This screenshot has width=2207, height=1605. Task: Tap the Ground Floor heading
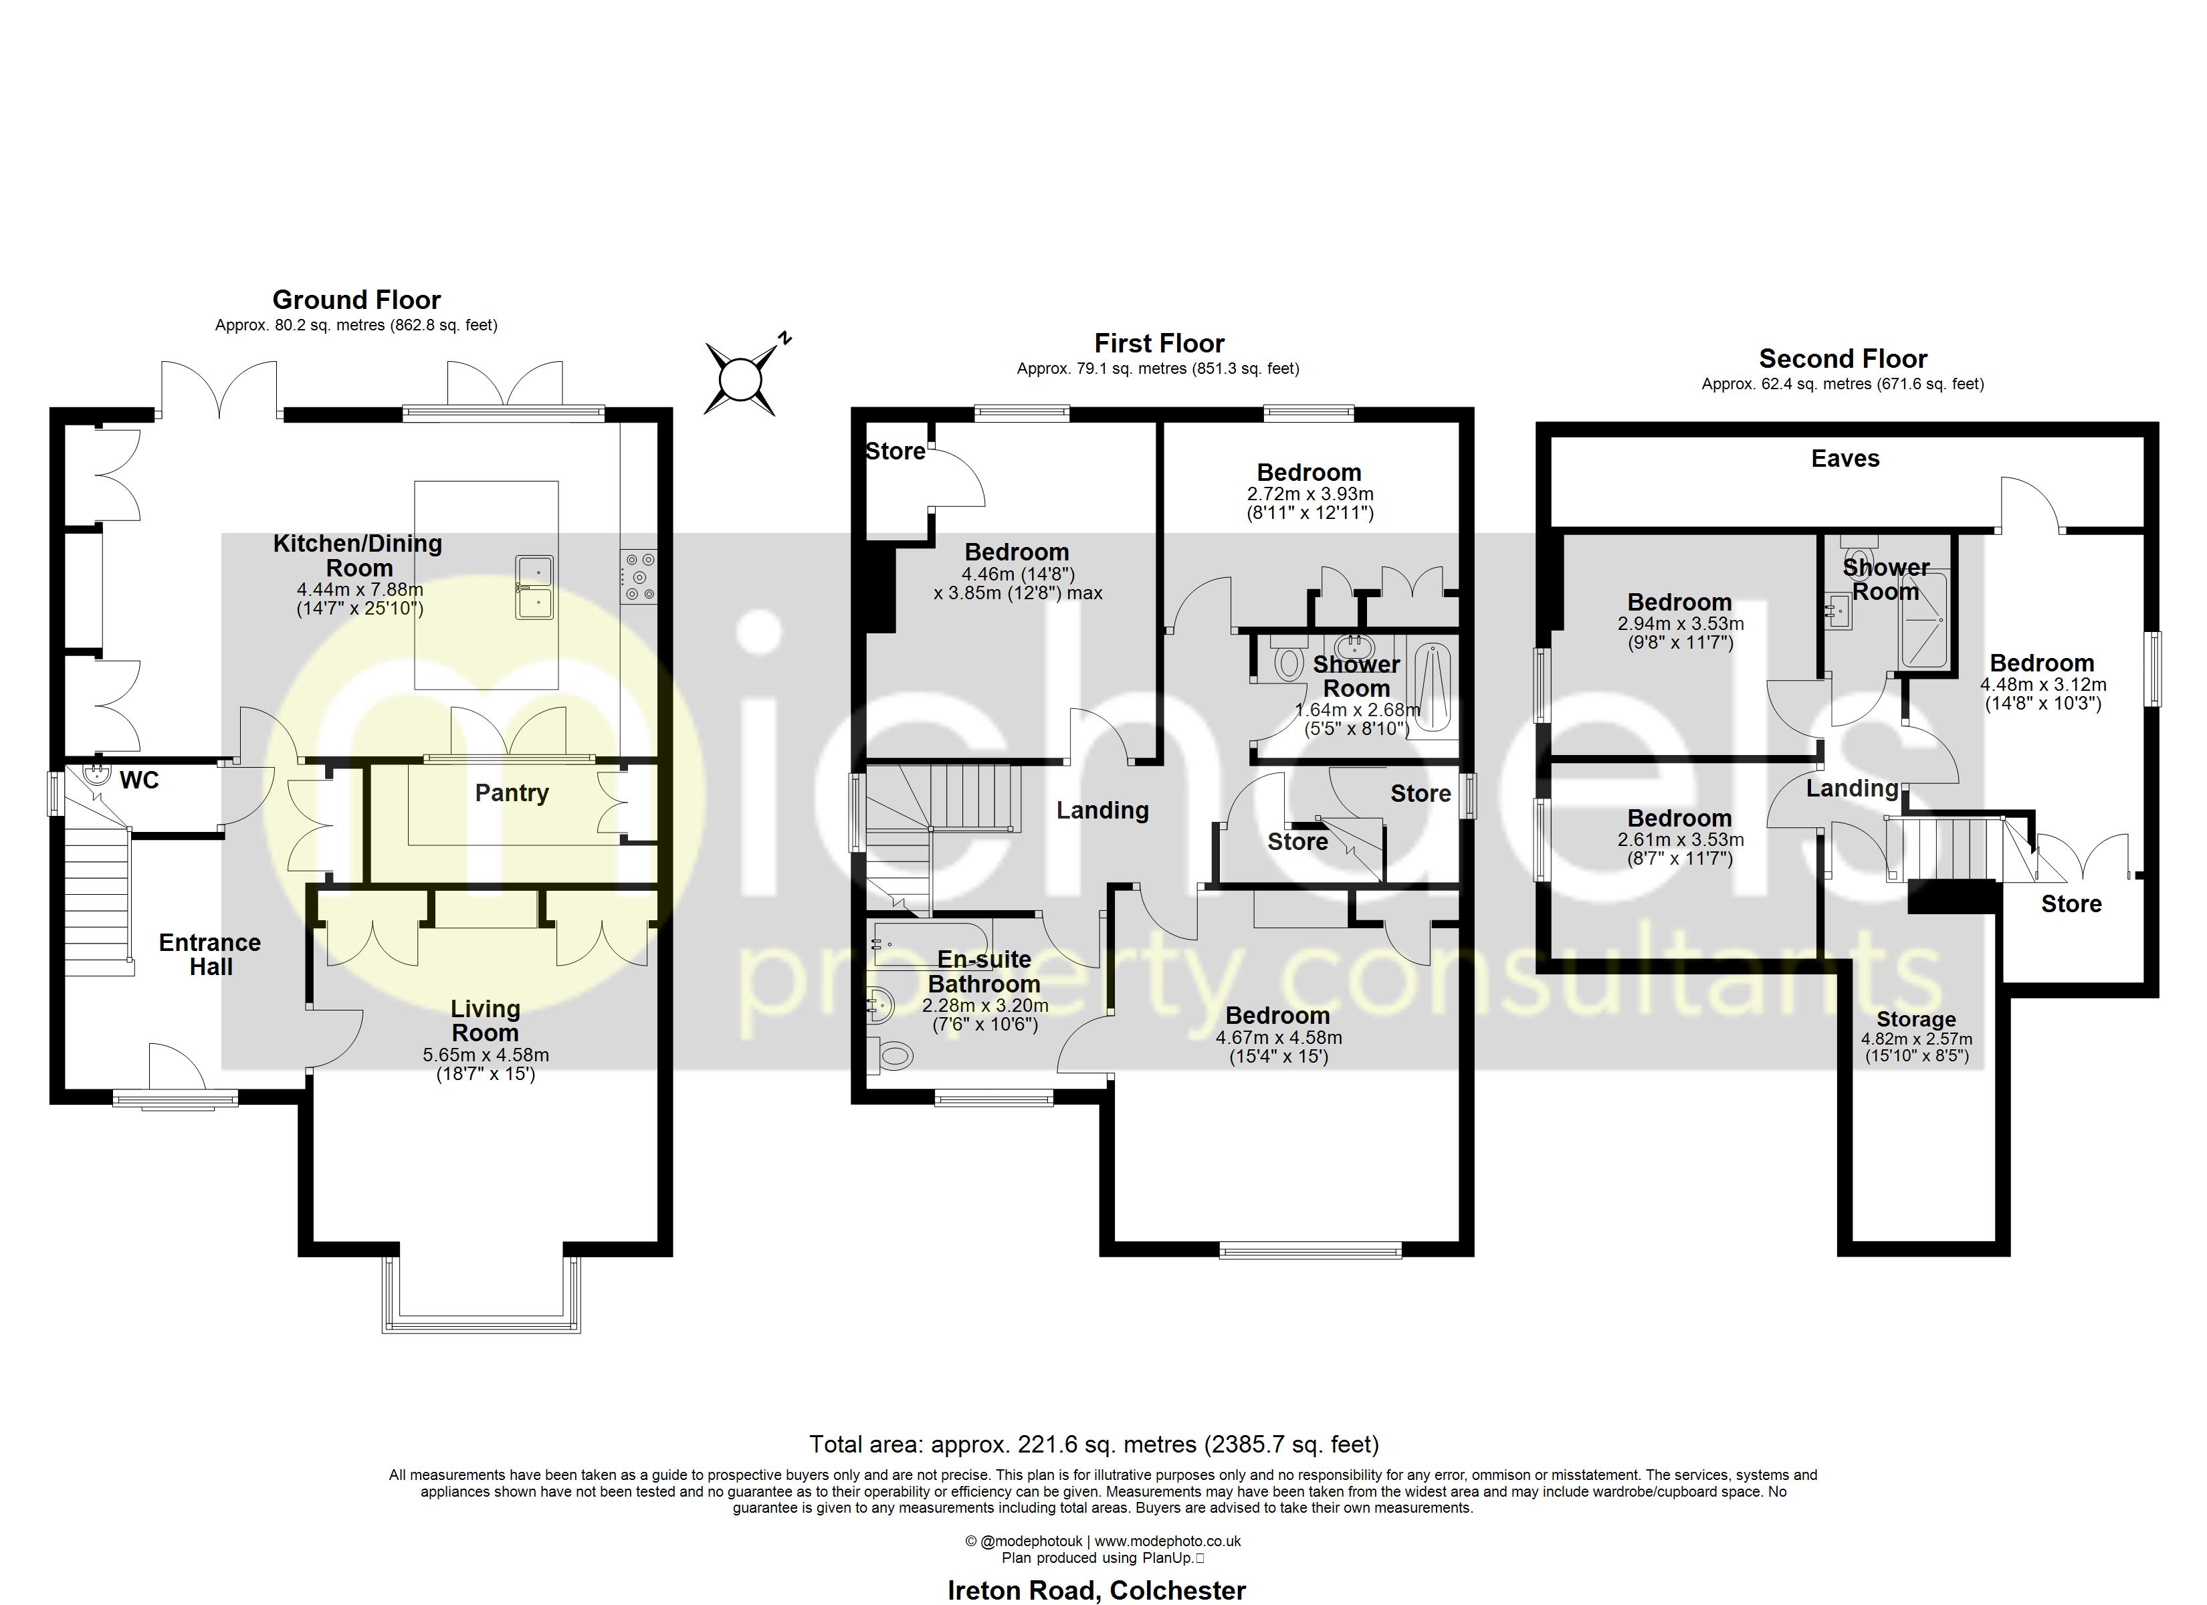tap(356, 300)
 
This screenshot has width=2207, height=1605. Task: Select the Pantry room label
tap(512, 793)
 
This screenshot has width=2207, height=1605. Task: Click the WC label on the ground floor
tap(139, 780)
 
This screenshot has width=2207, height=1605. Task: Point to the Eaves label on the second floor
tap(1845, 459)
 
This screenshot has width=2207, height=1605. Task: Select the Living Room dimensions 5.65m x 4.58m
tap(486, 1055)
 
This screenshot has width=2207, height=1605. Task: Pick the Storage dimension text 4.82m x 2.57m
tap(1917, 1039)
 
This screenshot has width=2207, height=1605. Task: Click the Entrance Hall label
tap(210, 955)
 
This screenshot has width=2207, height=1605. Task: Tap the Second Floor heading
tap(1843, 359)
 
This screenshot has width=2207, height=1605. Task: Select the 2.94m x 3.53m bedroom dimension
tap(1681, 624)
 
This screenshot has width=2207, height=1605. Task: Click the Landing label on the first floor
tap(1103, 811)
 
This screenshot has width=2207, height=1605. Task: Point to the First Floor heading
tap(1159, 344)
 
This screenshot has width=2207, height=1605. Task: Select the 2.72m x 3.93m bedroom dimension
tap(1309, 494)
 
